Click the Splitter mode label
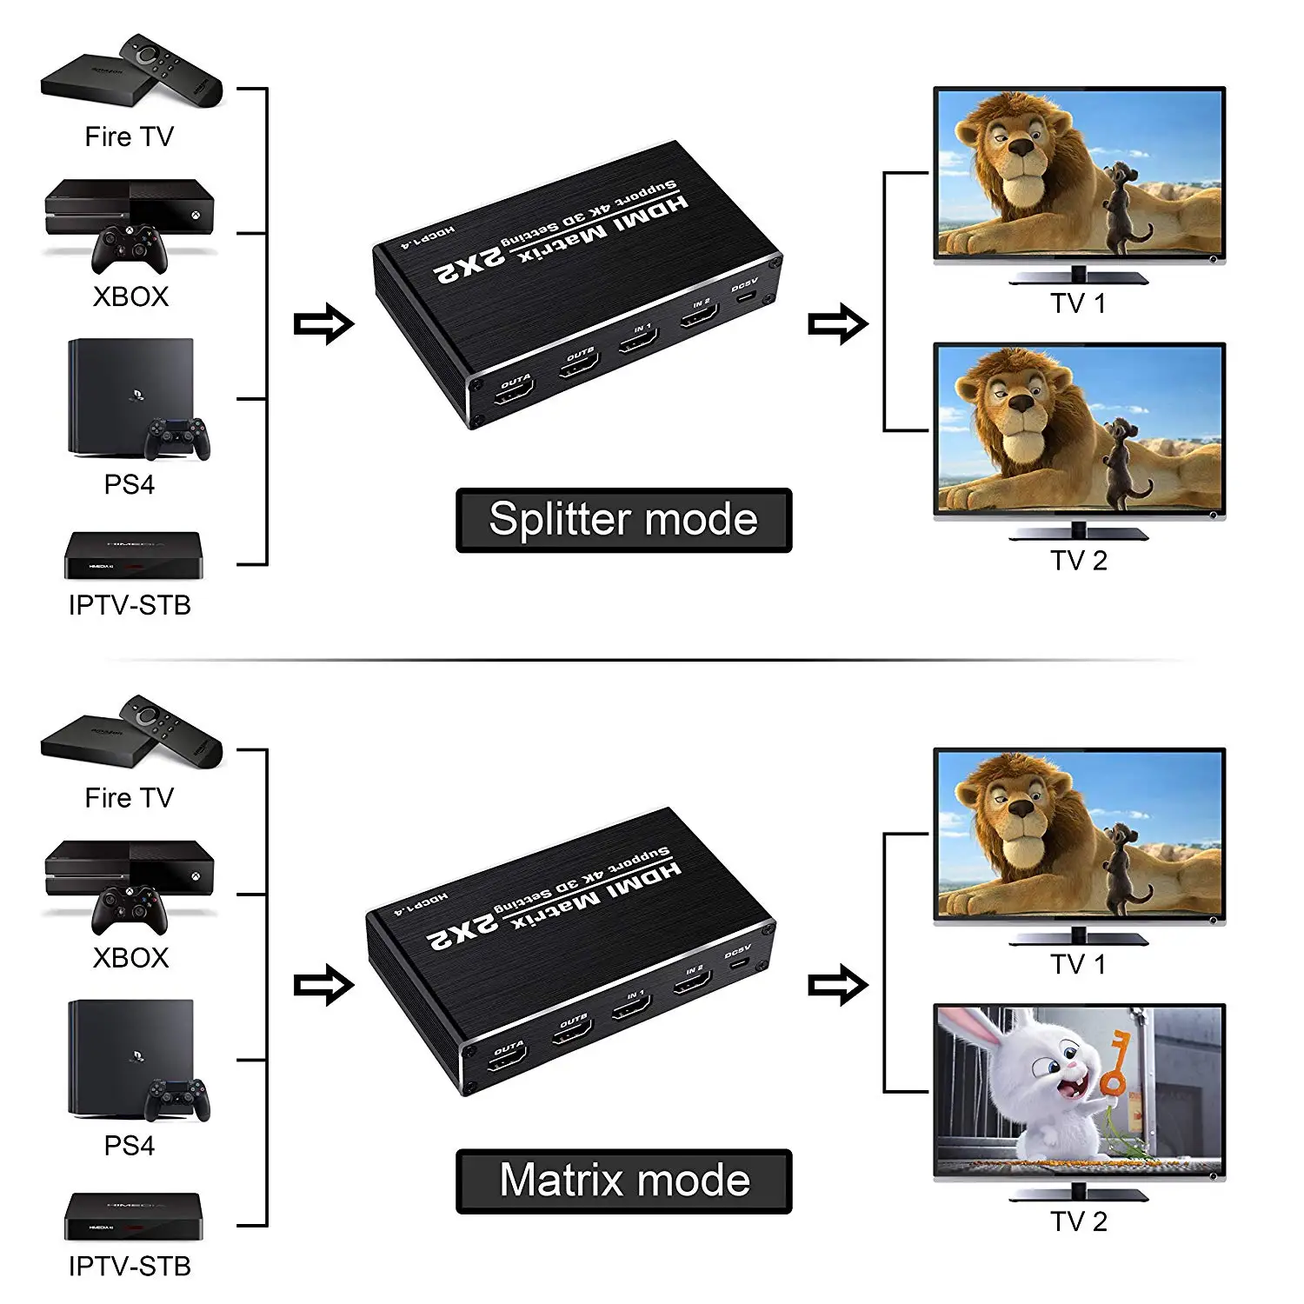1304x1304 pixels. (x=623, y=520)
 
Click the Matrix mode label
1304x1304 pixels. (x=623, y=1181)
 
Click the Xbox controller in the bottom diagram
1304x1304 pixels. (x=130, y=909)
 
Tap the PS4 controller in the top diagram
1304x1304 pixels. (x=177, y=438)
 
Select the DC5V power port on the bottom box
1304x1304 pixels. (x=737, y=962)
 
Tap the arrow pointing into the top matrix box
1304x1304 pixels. (x=323, y=324)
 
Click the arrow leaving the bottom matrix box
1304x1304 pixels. (x=838, y=985)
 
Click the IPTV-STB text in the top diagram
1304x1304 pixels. (x=130, y=605)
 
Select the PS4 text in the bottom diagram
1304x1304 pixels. (x=130, y=1145)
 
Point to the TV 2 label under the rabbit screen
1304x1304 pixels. (x=1078, y=1221)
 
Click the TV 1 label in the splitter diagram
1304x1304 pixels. (x=1078, y=303)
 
